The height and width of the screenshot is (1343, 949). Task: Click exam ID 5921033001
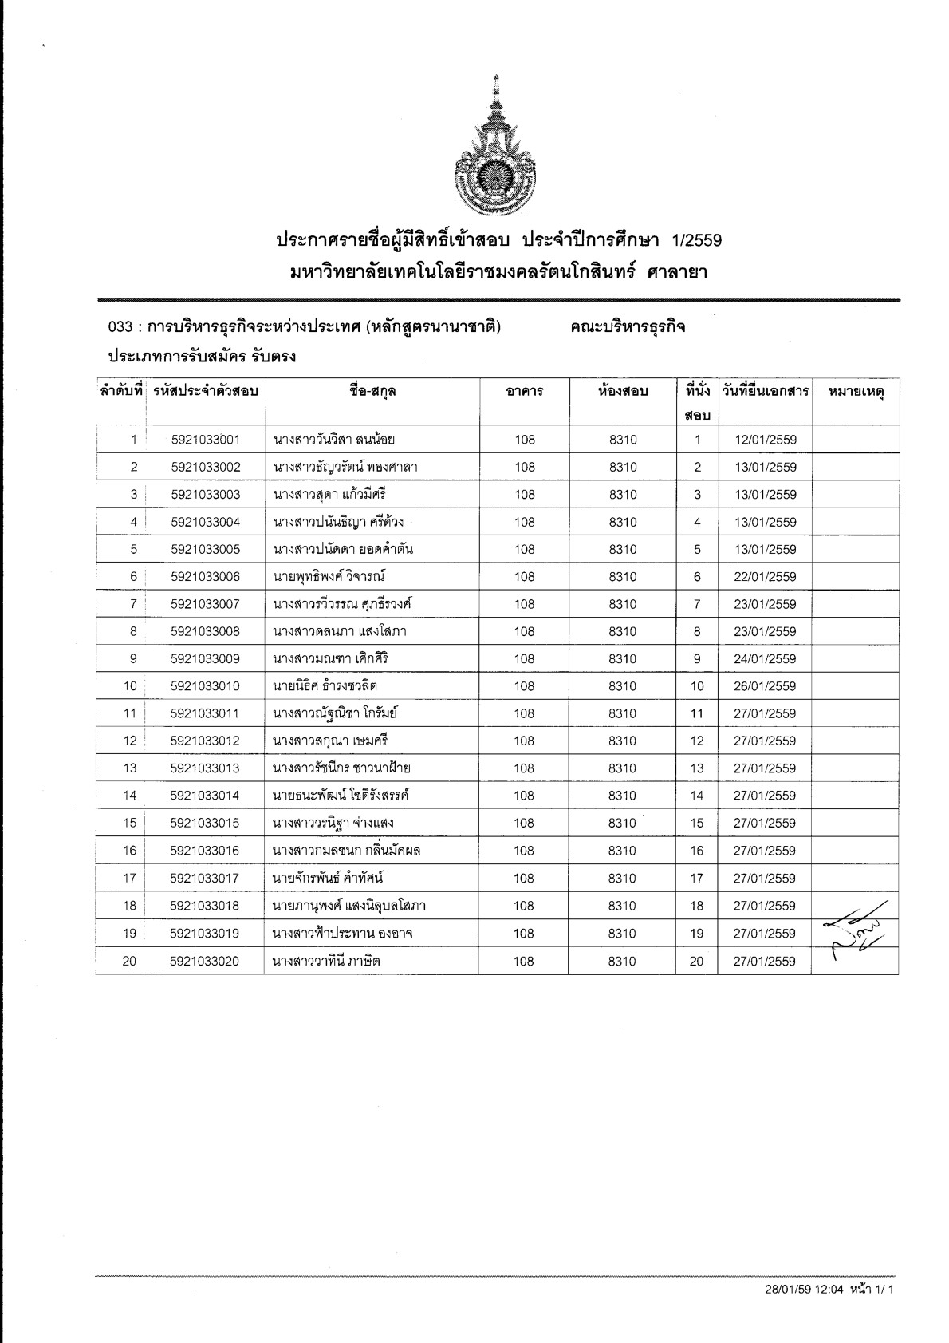tap(205, 440)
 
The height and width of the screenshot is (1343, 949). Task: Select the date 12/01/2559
tap(765, 440)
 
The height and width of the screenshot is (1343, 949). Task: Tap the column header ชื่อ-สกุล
tap(372, 391)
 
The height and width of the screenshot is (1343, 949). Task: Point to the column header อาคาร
tap(524, 391)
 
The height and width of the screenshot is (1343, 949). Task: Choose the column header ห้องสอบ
tap(623, 391)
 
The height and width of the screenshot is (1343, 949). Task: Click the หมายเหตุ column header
tap(856, 391)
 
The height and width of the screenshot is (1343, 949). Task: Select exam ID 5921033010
tap(205, 686)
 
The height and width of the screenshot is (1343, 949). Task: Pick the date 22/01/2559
tap(765, 577)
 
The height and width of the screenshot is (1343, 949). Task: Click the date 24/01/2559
tap(765, 659)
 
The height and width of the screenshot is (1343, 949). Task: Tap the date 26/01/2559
tap(765, 686)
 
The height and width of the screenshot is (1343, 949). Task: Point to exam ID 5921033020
tap(205, 962)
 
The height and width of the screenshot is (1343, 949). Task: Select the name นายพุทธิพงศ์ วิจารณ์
tap(329, 577)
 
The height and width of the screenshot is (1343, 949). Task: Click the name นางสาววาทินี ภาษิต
tap(326, 962)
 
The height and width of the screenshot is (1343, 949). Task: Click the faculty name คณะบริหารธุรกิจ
tap(628, 327)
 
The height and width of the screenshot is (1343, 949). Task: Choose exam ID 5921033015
tap(205, 823)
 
